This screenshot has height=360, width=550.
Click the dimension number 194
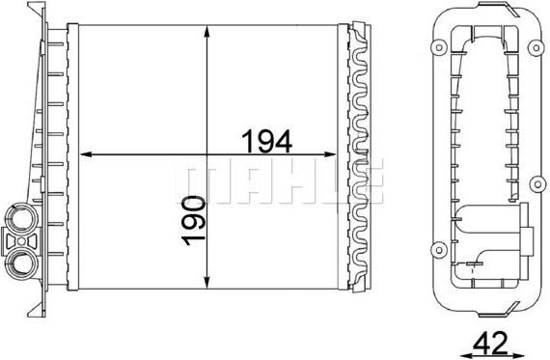(x=267, y=141)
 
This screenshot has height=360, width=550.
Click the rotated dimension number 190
(x=193, y=221)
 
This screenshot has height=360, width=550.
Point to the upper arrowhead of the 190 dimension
(x=206, y=31)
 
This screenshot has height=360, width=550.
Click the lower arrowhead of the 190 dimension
(x=206, y=283)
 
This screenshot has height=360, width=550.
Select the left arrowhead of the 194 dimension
(x=86, y=154)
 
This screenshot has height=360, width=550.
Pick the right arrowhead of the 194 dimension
(x=330, y=154)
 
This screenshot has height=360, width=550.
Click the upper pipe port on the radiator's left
(x=21, y=218)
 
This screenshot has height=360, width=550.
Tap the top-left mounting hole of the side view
(x=438, y=48)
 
